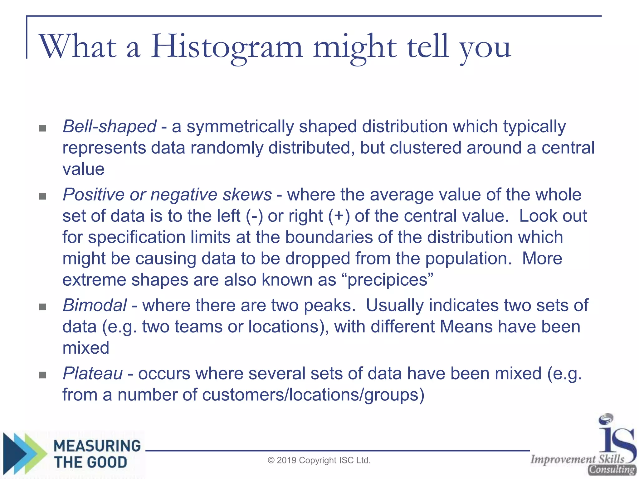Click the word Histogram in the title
[227, 47]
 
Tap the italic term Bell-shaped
[110, 127]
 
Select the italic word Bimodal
[95, 305]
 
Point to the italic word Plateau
[93, 374]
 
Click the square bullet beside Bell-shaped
[43, 128]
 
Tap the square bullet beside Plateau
[43, 375]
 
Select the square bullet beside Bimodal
[43, 307]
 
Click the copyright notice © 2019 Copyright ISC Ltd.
[319, 460]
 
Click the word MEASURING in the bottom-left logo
[97, 446]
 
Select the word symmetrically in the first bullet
[240, 127]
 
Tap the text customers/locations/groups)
[313, 395]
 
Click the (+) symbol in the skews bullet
[339, 216]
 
